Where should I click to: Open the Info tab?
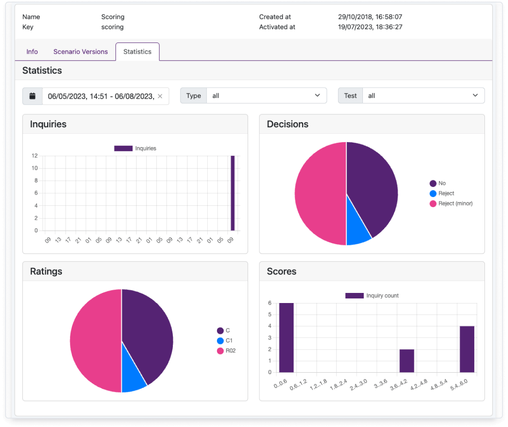pyautogui.click(x=32, y=52)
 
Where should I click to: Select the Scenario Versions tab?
pyautogui.click(x=80, y=52)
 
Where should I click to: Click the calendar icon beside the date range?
pyautogui.click(x=32, y=96)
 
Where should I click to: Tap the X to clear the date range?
pyautogui.click(x=160, y=96)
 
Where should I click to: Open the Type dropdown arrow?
pyautogui.click(x=317, y=95)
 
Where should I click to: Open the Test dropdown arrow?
pyautogui.click(x=475, y=95)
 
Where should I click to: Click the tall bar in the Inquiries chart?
pyautogui.click(x=233, y=193)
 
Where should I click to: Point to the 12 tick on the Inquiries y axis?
pyautogui.click(x=34, y=156)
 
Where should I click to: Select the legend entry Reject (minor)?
pyautogui.click(x=451, y=203)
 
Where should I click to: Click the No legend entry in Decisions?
pyautogui.click(x=437, y=183)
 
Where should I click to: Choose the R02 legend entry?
pyautogui.click(x=226, y=351)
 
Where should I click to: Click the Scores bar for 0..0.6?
pyautogui.click(x=286, y=338)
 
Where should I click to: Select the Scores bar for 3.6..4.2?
pyautogui.click(x=407, y=361)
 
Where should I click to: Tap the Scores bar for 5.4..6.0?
pyautogui.click(x=467, y=349)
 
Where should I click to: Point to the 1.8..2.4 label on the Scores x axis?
pyautogui.click(x=339, y=385)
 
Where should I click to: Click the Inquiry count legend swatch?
pyautogui.click(x=355, y=295)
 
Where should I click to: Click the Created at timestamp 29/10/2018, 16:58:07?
pyautogui.click(x=370, y=17)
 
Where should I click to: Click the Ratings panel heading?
pyautogui.click(x=46, y=271)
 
